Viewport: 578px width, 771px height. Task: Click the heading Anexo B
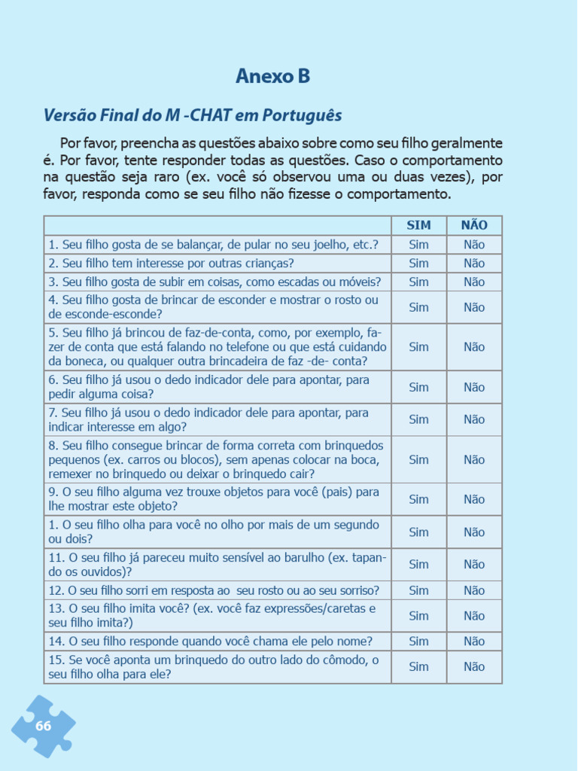tap(272, 76)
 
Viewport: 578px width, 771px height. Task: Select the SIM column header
tap(418, 225)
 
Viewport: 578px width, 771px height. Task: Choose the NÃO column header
tap(474, 225)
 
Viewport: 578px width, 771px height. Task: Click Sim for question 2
tap(418, 264)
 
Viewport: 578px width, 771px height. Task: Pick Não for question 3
tap(474, 282)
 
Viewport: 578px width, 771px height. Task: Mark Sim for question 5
tap(418, 347)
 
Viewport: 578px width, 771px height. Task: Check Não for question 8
tap(474, 459)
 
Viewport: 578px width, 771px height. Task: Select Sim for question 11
tap(418, 564)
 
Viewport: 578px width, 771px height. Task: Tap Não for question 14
tap(474, 641)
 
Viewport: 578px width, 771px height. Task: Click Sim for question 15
tap(418, 667)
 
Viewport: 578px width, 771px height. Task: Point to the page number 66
tap(43, 726)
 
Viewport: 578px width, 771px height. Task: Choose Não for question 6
tap(474, 387)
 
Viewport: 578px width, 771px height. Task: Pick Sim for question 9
tap(418, 499)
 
